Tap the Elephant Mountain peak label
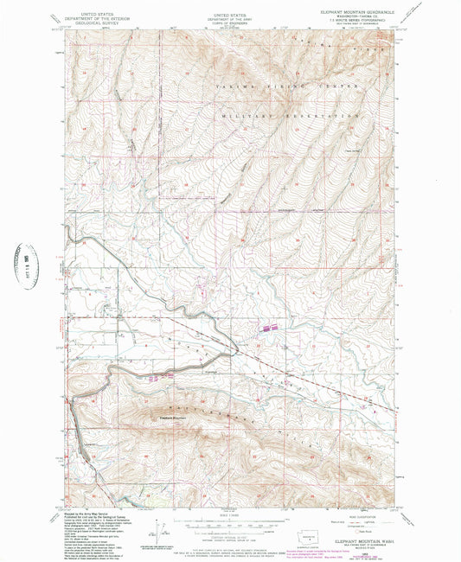tap(174, 419)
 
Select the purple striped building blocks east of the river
tap(268, 329)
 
